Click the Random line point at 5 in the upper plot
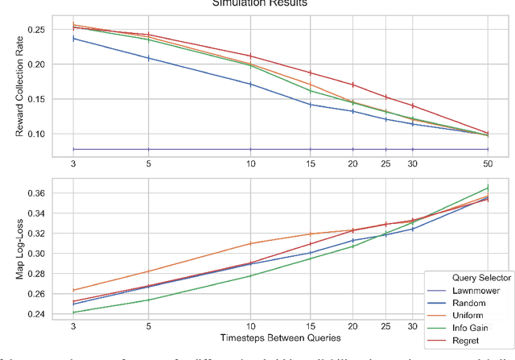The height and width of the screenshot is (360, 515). tap(149, 58)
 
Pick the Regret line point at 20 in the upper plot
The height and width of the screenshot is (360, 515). tap(352, 85)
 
